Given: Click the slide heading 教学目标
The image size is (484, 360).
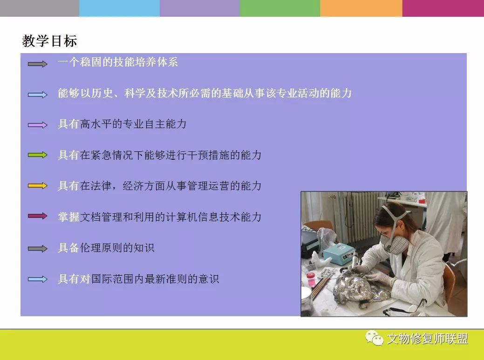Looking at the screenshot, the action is (x=49, y=41).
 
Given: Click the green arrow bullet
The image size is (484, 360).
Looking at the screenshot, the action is (x=38, y=155).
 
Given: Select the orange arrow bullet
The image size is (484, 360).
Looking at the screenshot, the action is (x=38, y=186).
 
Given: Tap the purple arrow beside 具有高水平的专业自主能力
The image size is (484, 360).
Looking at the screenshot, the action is (x=38, y=125).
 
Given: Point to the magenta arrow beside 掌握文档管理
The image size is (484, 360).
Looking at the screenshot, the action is (x=38, y=216).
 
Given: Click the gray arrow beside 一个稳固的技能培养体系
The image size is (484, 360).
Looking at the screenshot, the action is (x=38, y=64).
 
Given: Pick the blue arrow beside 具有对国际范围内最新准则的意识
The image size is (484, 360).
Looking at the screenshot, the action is (x=38, y=279).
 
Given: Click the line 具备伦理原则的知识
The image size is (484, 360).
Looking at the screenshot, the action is (x=106, y=248).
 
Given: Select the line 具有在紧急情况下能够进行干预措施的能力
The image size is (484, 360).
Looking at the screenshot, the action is (x=160, y=155).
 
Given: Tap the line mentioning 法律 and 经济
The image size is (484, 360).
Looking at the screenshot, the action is (x=160, y=186).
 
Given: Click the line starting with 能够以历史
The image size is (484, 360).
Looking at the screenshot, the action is (x=205, y=93).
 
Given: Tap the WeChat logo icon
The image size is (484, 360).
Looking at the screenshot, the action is (x=374, y=338).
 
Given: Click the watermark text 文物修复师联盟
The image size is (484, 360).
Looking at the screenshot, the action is (x=428, y=339).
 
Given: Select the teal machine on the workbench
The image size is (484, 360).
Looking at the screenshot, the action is (x=339, y=253).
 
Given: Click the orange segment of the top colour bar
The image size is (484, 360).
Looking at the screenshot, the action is (x=361, y=8).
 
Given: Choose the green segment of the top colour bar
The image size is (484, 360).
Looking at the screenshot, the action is (x=280, y=8).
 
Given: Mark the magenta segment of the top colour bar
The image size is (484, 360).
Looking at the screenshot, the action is (x=443, y=8).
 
